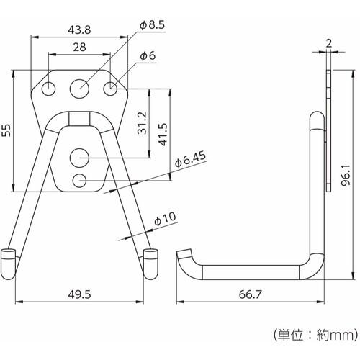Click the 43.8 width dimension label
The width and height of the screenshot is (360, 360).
click(79, 30)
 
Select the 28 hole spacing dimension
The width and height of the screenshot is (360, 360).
click(79, 48)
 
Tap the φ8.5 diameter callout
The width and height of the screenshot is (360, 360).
click(152, 25)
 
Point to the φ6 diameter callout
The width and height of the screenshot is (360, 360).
click(148, 56)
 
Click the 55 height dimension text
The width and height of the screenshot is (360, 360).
click(7, 130)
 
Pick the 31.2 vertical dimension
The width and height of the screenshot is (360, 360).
click(142, 122)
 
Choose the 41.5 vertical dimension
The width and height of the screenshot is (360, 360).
click(163, 135)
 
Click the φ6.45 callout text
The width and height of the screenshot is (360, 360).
click(191, 159)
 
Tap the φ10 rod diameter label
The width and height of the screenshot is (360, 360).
click(165, 220)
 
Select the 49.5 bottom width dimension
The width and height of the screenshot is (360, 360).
click(79, 294)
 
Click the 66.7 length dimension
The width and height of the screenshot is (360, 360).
click(251, 294)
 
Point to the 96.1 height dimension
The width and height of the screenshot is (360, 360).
click(346, 175)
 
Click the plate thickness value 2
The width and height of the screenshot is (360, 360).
click(329, 43)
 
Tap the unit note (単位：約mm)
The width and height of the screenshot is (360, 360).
click(315, 335)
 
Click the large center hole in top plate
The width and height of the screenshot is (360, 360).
click(80, 89)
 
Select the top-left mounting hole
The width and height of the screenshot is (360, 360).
click(48, 89)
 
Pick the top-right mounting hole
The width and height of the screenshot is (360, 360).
click(110, 89)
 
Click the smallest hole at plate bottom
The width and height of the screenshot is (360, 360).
click(79, 181)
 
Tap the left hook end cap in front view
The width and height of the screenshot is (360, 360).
click(9, 264)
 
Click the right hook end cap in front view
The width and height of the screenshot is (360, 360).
click(150, 264)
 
